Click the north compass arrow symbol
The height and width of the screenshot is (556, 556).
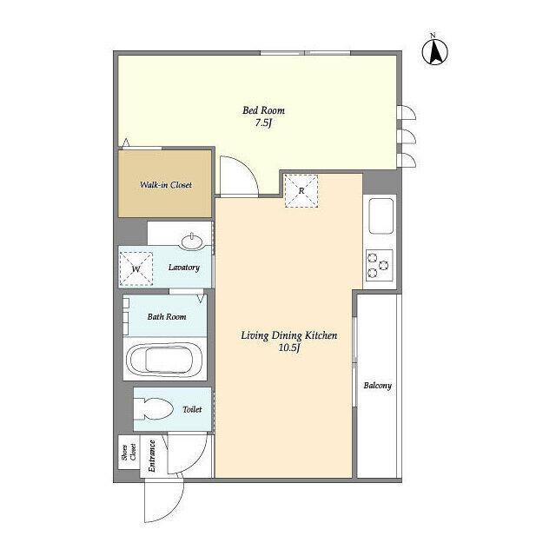[434, 51]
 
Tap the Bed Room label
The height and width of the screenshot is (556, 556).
[263, 110]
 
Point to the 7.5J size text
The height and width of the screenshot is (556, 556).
[263, 123]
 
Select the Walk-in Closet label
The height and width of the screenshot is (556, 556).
[166, 185]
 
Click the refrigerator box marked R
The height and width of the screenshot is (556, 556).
[301, 191]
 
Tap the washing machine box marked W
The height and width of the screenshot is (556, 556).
[136, 268]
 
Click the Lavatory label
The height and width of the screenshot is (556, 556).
[183, 268]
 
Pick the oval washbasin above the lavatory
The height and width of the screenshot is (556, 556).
[192, 242]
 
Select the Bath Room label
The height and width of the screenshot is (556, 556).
[167, 316]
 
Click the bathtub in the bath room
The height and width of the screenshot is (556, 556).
[165, 359]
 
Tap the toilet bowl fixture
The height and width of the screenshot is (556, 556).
[153, 409]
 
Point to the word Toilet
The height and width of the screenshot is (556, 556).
[192, 409]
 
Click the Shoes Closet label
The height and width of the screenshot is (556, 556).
[129, 453]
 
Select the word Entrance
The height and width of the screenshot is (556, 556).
[152, 455]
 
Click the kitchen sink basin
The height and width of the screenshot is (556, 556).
[381, 215]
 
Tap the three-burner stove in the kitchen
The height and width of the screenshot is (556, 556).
[380, 265]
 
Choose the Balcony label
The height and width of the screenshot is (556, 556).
[378, 385]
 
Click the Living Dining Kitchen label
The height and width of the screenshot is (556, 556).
[289, 335]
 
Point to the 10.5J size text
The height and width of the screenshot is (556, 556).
[289, 347]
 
